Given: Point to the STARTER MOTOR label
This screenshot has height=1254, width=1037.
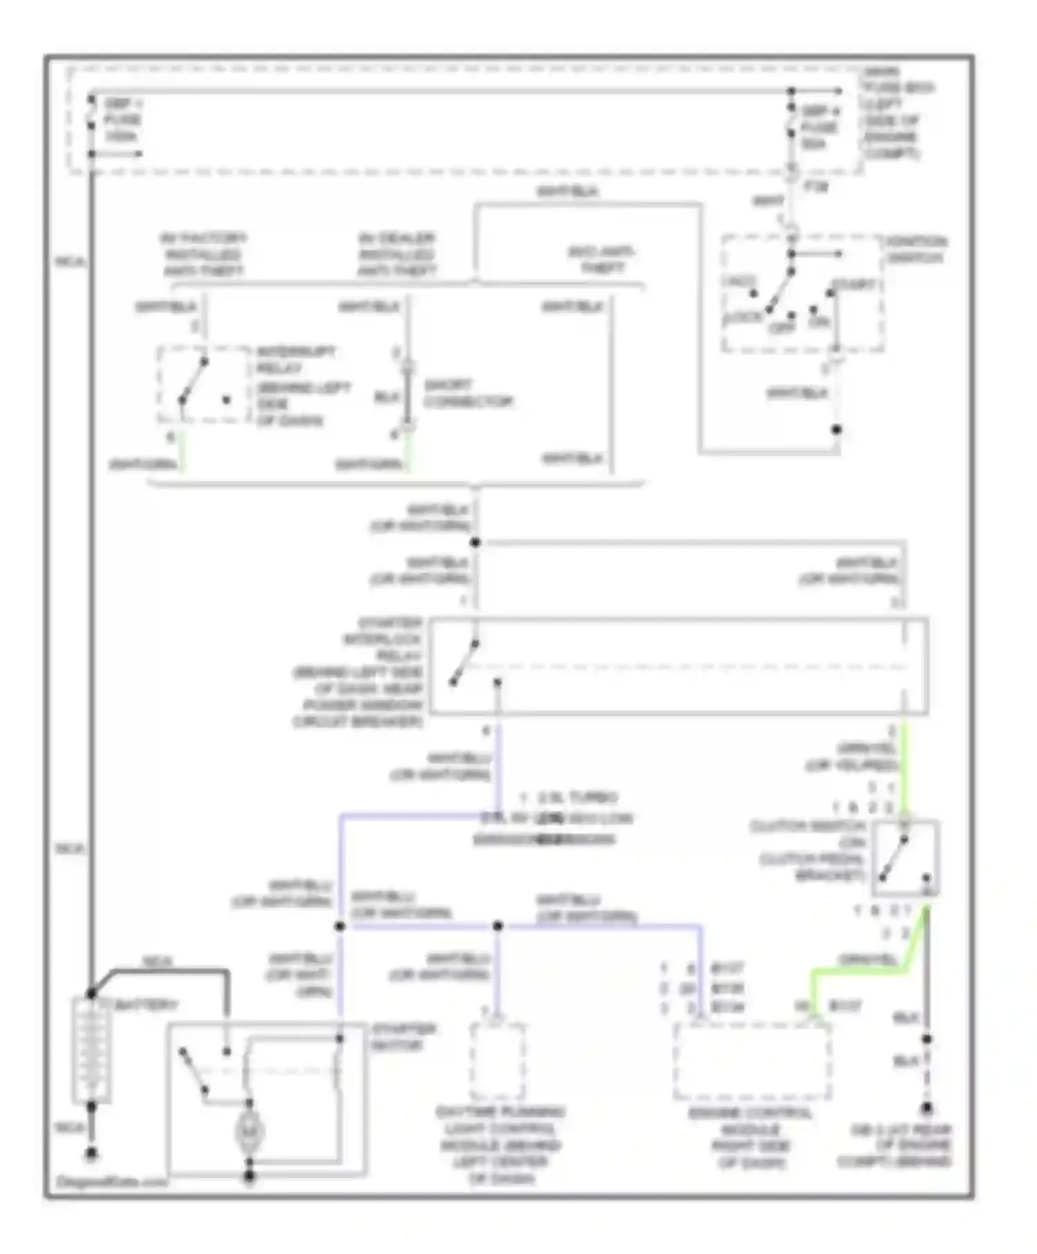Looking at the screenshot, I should point(404,1036).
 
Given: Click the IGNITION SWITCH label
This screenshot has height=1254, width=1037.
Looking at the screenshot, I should point(916,250).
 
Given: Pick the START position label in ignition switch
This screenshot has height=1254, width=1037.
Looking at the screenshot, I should point(853,284).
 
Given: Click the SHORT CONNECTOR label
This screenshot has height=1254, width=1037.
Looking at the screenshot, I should point(468,393).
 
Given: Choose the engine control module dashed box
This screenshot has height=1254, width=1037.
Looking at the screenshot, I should point(752,1061).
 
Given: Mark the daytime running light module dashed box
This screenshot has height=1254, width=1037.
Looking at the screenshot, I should point(497,1061).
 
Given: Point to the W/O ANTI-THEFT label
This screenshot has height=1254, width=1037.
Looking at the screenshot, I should point(601,259).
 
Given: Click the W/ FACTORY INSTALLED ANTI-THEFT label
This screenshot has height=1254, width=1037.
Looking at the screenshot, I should point(203,254).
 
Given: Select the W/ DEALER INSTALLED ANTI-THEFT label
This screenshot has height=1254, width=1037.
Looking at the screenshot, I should point(397,254).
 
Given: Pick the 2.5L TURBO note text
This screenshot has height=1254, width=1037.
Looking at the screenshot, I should point(578,797).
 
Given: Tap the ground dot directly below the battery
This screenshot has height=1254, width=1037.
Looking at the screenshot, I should point(91,1154).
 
